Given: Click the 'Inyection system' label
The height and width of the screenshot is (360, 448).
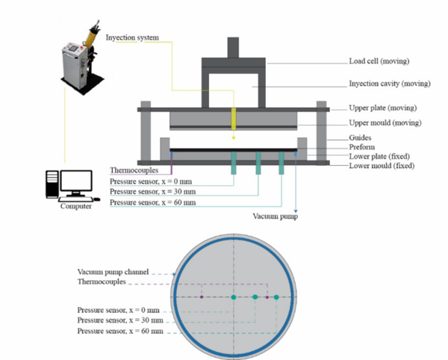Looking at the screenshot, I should point(133,36).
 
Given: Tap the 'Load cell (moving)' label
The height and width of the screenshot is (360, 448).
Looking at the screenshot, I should point(379,61).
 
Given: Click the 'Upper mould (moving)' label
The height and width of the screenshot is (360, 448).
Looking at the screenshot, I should point(385,122).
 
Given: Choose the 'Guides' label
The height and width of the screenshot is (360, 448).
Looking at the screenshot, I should point(362,137).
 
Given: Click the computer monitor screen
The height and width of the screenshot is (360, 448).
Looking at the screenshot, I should point(77,181).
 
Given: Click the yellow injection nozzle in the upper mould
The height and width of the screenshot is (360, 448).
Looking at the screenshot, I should point(234,118).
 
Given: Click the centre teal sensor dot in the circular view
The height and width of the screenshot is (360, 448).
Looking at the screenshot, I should point(234,297).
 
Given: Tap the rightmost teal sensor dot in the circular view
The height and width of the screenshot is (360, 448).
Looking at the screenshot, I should point(276,297).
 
